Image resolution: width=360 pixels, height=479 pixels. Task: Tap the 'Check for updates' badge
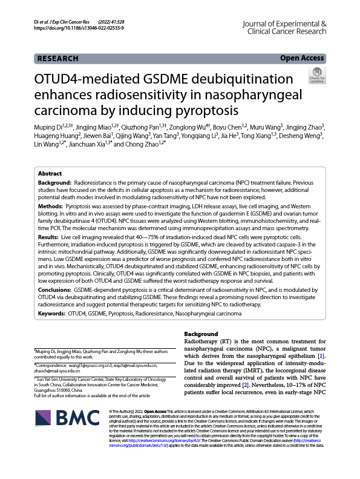(316, 77)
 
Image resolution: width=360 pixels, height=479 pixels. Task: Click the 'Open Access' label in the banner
(302, 58)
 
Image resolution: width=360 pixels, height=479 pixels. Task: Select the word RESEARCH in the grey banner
(57, 59)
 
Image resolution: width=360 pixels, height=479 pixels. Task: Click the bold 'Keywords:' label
(52, 314)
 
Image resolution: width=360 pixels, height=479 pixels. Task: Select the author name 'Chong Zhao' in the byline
(145, 144)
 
